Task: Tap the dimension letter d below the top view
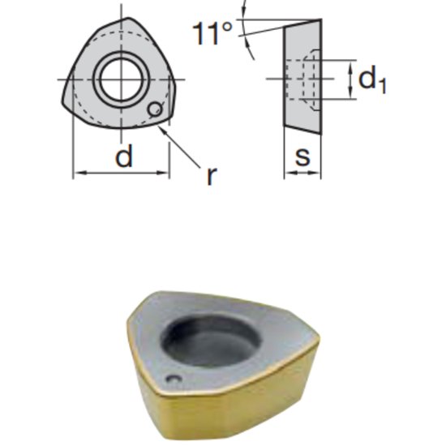123,157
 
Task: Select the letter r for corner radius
212,176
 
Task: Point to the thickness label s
302,157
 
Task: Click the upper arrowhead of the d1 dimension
350,63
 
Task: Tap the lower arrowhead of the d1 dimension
350,95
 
